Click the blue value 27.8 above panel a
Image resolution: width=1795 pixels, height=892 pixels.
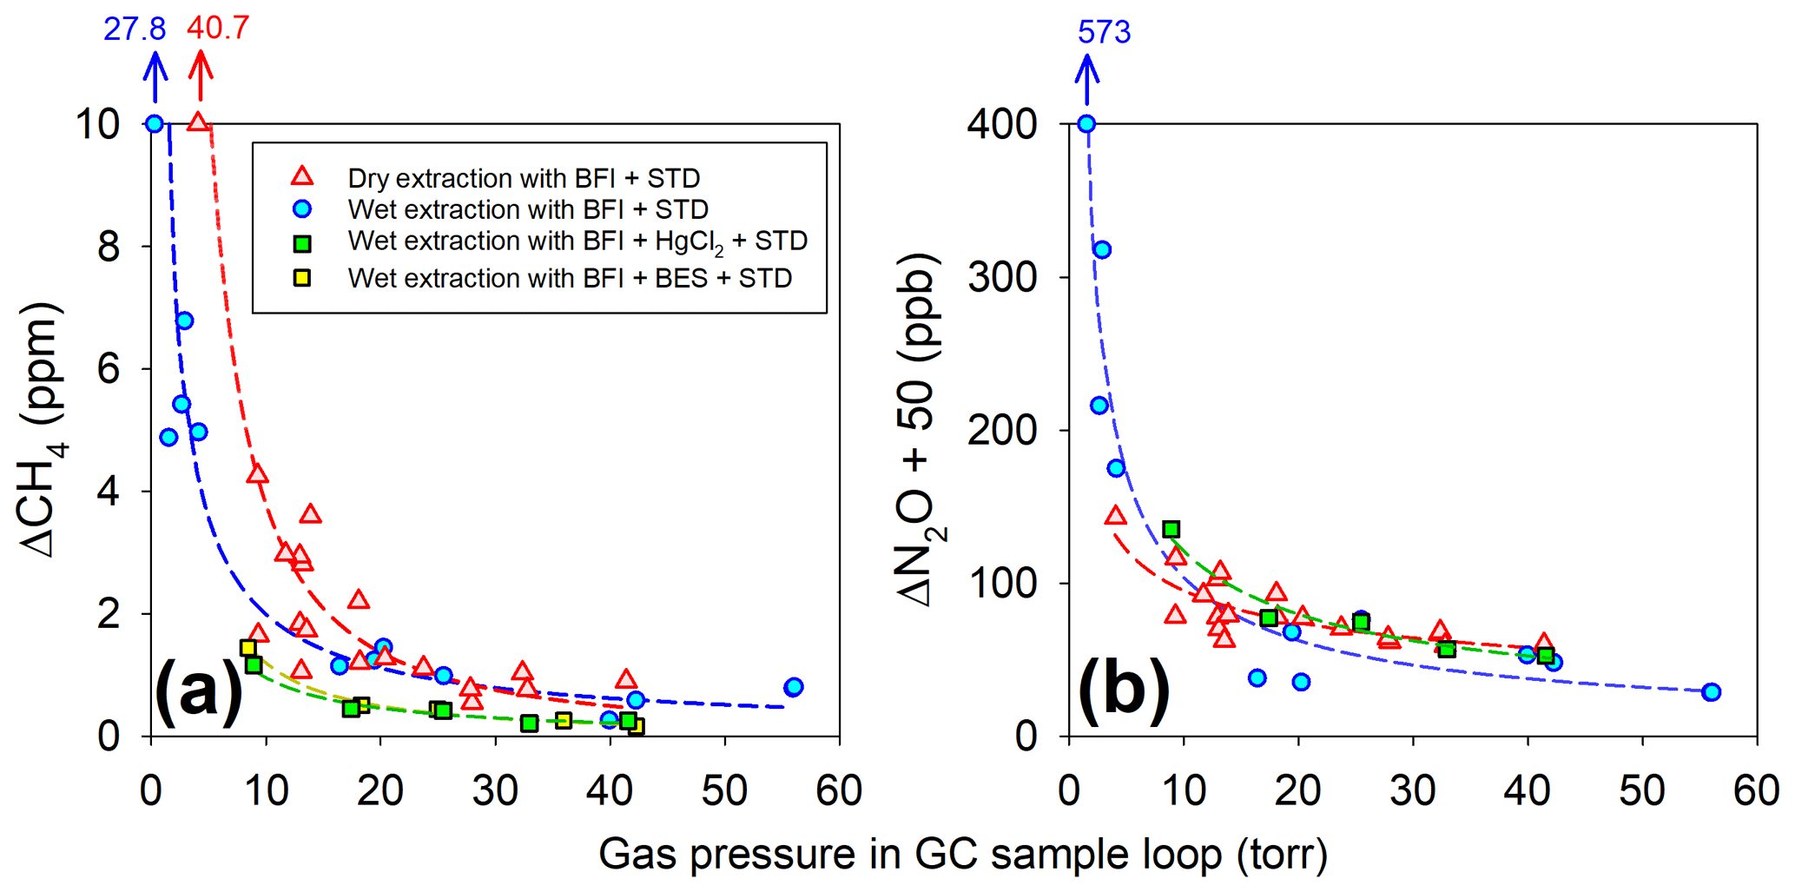[135, 29]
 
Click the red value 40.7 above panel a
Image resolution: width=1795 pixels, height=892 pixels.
[218, 28]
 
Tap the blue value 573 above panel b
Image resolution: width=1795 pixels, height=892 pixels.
[1104, 32]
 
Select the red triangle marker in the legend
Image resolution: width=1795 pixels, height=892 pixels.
[302, 177]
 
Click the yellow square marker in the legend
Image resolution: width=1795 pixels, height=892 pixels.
[302, 278]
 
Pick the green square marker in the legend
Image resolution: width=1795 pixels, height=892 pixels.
[302, 243]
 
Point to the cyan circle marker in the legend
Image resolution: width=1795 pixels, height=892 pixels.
[302, 209]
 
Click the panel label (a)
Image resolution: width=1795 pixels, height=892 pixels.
[198, 692]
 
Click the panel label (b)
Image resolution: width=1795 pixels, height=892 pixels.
[1124, 692]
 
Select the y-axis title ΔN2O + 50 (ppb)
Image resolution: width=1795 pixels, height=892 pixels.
[921, 430]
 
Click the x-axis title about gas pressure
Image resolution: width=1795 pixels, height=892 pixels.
[962, 854]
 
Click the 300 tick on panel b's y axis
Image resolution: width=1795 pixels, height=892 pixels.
[1002, 278]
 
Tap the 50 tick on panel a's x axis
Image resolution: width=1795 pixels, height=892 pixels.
[724, 790]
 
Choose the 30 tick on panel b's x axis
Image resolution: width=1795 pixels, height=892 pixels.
[1413, 790]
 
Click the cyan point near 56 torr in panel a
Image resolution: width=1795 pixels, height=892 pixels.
[793, 687]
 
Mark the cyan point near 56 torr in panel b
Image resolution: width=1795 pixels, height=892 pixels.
[1711, 692]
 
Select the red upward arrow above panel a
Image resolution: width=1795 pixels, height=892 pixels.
[201, 76]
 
